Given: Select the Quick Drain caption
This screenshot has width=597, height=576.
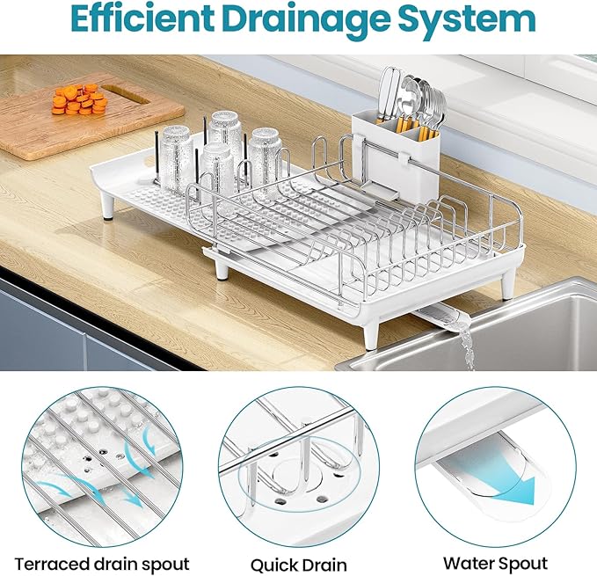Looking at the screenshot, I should pos(297,564).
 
